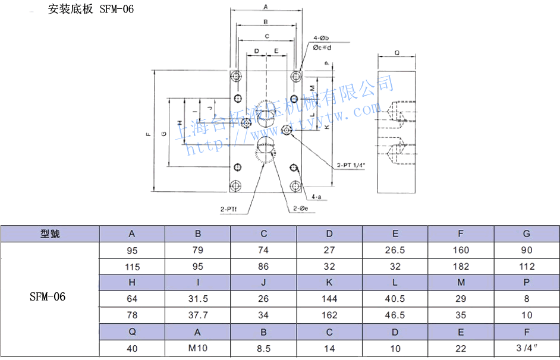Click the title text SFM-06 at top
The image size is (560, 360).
(113, 10)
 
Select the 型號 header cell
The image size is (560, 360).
(50, 234)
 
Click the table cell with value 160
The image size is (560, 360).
(461, 250)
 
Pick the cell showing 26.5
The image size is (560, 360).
(395, 250)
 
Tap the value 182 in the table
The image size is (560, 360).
(461, 267)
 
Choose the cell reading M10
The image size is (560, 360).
(198, 348)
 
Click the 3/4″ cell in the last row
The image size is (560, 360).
(526, 348)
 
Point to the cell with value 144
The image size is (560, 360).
(329, 299)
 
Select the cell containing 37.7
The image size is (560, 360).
(198, 315)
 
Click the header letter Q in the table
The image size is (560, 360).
(132, 332)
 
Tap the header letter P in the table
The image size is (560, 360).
(526, 283)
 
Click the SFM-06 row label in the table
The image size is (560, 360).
(48, 296)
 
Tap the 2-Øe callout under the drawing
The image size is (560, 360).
(300, 209)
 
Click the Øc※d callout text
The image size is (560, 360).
(322, 47)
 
